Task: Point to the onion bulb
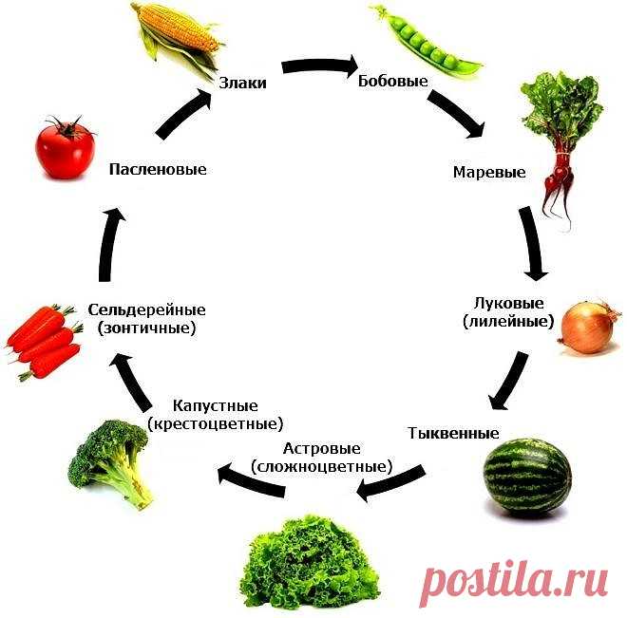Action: point(589,328)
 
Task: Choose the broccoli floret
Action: point(110,460)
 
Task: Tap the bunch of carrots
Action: point(43,342)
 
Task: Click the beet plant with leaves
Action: point(560,142)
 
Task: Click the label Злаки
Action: point(242,84)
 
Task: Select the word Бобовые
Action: point(390,80)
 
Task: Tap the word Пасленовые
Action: point(158,169)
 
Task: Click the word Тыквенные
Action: point(453,434)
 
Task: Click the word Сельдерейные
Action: point(146,310)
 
